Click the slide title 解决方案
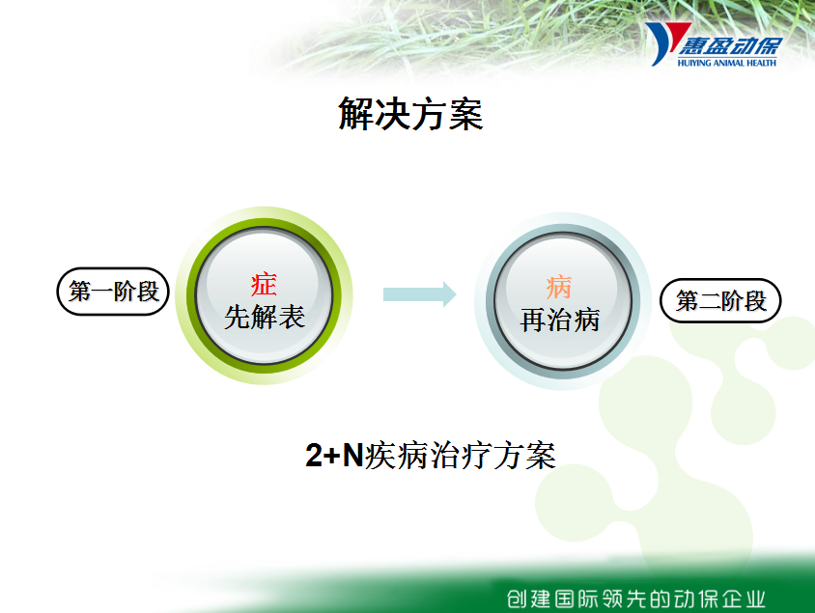tap(410, 114)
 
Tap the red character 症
tap(264, 284)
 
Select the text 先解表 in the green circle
tap(264, 317)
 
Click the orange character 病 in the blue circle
tap(559, 288)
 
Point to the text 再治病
tap(560, 320)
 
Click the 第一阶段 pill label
tap(113, 292)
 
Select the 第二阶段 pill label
tap(720, 301)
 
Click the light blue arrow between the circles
tap(419, 294)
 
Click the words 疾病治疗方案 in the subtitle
tap(460, 456)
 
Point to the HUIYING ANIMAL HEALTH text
tap(726, 63)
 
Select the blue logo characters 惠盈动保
tap(730, 46)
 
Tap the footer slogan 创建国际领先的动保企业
tap(636, 599)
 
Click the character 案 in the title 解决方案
tap(466, 114)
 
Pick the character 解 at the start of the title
tap(355, 114)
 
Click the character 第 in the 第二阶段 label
tap(688, 301)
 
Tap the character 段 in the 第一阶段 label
tap(148, 292)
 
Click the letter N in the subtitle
tap(352, 455)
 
